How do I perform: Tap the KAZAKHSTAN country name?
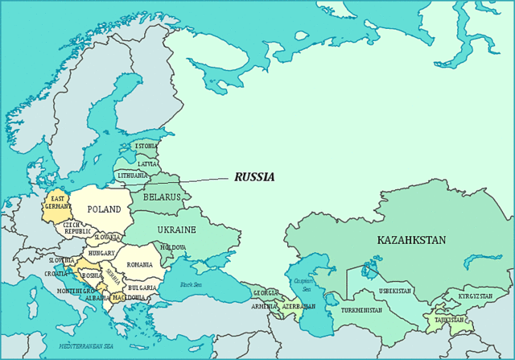tap(411, 240)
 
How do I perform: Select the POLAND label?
tap(104, 209)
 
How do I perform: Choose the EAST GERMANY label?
tap(58, 202)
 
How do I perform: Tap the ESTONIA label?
tap(146, 147)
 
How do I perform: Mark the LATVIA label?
tap(147, 163)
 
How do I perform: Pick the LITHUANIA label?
tap(132, 176)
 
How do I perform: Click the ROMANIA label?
tap(139, 264)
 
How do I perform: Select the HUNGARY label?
tap(102, 253)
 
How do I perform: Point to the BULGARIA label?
tap(142, 288)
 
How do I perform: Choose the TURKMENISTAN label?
tap(362, 310)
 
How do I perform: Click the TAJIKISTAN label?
tap(449, 320)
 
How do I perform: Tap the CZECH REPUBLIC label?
tap(77, 228)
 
